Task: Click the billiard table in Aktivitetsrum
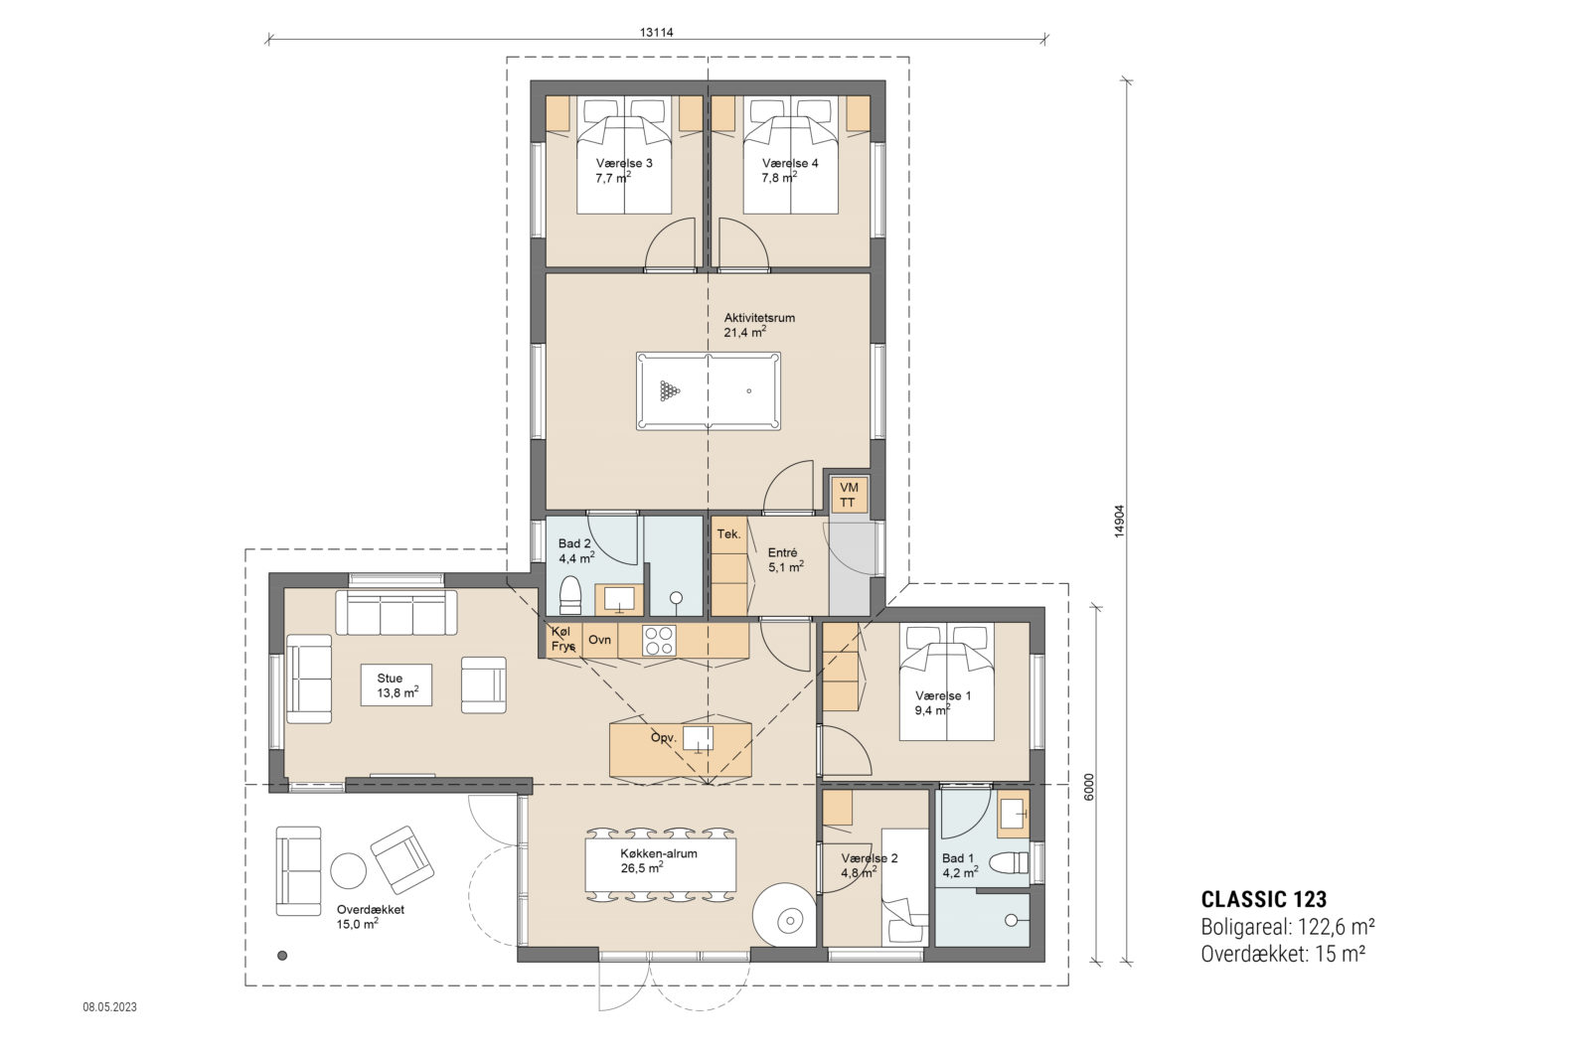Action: pos(708,390)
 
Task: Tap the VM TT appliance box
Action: pos(849,495)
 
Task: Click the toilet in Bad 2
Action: pos(570,595)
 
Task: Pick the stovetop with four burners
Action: pos(658,641)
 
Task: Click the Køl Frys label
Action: pos(562,639)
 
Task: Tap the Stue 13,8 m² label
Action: pos(396,685)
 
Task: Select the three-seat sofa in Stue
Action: pos(396,613)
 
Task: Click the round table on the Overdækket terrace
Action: pos(348,871)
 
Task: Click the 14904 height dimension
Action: pos(1119,520)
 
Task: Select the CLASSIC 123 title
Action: pos(1263,900)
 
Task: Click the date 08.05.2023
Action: pos(109,1006)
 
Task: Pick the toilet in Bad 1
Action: pos(1012,862)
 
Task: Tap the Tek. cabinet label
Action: pos(728,534)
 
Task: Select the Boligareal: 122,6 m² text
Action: pos(1287,927)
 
